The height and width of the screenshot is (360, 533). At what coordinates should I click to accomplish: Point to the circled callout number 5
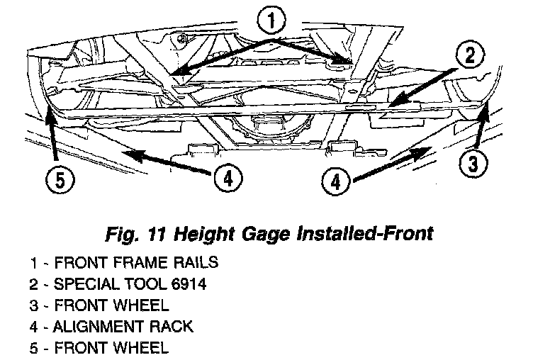[x=60, y=180]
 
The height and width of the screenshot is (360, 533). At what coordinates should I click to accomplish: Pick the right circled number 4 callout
[x=335, y=182]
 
